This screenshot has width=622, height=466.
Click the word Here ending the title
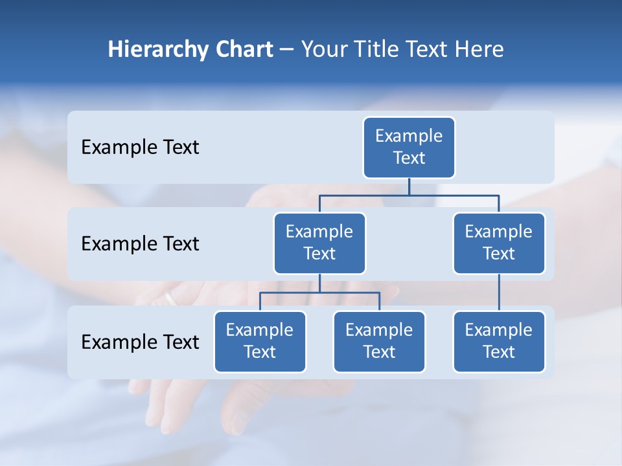[479, 49]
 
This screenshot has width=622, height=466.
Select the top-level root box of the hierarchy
[409, 147]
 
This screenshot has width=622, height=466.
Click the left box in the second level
[319, 243]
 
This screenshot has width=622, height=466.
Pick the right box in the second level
[499, 243]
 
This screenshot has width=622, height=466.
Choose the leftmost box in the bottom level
[260, 341]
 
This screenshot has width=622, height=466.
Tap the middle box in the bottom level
[379, 341]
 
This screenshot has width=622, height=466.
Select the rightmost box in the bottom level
[499, 341]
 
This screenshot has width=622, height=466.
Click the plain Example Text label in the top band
[140, 148]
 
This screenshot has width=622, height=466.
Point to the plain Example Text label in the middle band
[140, 244]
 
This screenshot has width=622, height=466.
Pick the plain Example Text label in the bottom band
[140, 342]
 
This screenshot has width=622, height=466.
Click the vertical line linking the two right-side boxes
[499, 293]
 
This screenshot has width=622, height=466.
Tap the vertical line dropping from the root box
[409, 186]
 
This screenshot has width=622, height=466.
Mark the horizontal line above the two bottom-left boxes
[319, 293]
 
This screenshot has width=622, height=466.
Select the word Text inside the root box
[409, 158]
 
